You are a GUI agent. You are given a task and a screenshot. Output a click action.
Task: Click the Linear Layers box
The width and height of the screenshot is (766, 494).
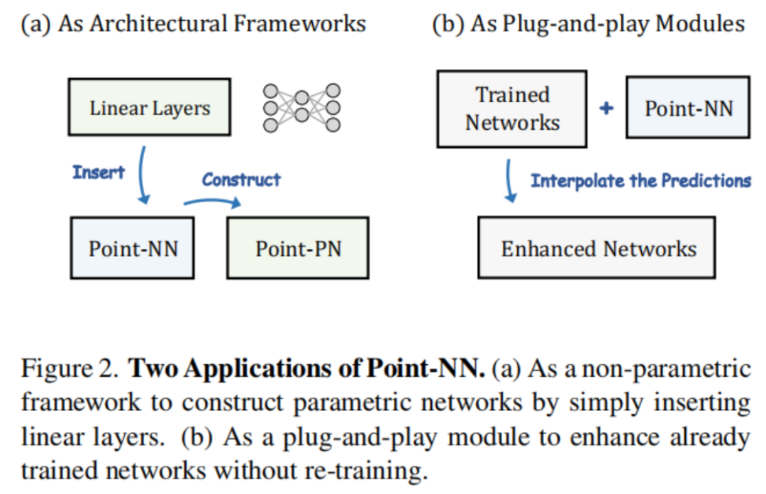coord(150,109)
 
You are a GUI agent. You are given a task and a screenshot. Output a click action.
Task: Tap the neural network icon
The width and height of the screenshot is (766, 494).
coord(301,107)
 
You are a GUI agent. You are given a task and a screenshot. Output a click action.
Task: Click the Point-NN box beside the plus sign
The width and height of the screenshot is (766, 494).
coord(687,109)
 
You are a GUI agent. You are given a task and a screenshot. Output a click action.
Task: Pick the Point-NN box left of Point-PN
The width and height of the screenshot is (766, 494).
coord(133,248)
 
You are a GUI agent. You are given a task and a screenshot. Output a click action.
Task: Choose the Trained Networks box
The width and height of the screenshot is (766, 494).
coord(511,109)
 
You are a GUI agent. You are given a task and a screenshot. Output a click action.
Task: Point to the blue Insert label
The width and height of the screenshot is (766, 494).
coord(98,172)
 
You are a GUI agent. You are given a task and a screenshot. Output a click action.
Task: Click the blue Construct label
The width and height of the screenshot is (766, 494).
coord(241,180)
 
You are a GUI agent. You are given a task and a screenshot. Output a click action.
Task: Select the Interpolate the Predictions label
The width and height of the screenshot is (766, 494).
coord(640,180)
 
